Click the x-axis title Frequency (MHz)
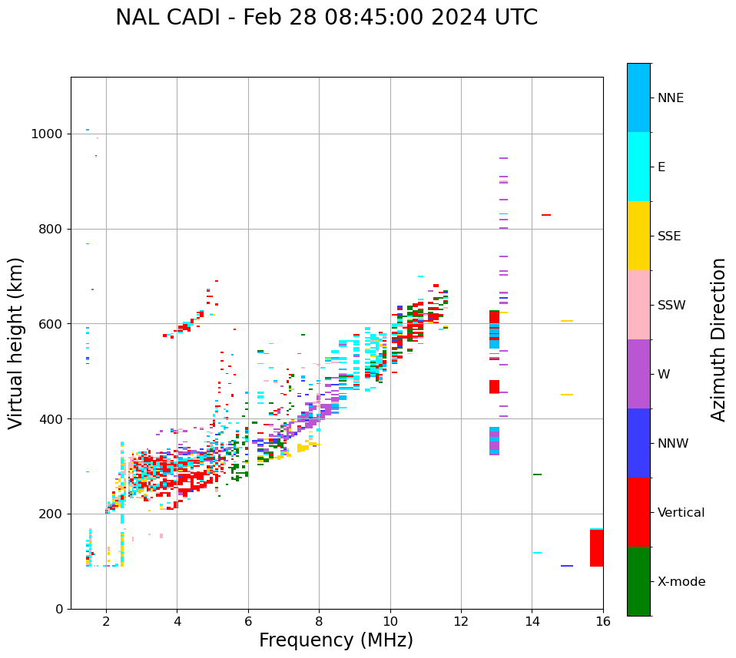(336, 640)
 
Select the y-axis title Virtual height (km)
(16, 343)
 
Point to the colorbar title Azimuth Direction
(718, 339)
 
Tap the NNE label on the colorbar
(670, 98)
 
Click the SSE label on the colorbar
(668, 236)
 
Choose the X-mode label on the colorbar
(681, 582)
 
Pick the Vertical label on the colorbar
(681, 513)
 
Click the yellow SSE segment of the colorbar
(638, 236)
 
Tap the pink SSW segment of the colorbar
(638, 305)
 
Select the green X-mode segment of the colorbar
(638, 581)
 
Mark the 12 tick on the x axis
(461, 620)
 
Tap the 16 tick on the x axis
(602, 620)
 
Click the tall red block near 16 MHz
(596, 547)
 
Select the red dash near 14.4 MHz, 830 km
(545, 215)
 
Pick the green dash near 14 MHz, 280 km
(537, 474)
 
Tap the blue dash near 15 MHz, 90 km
(567, 566)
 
